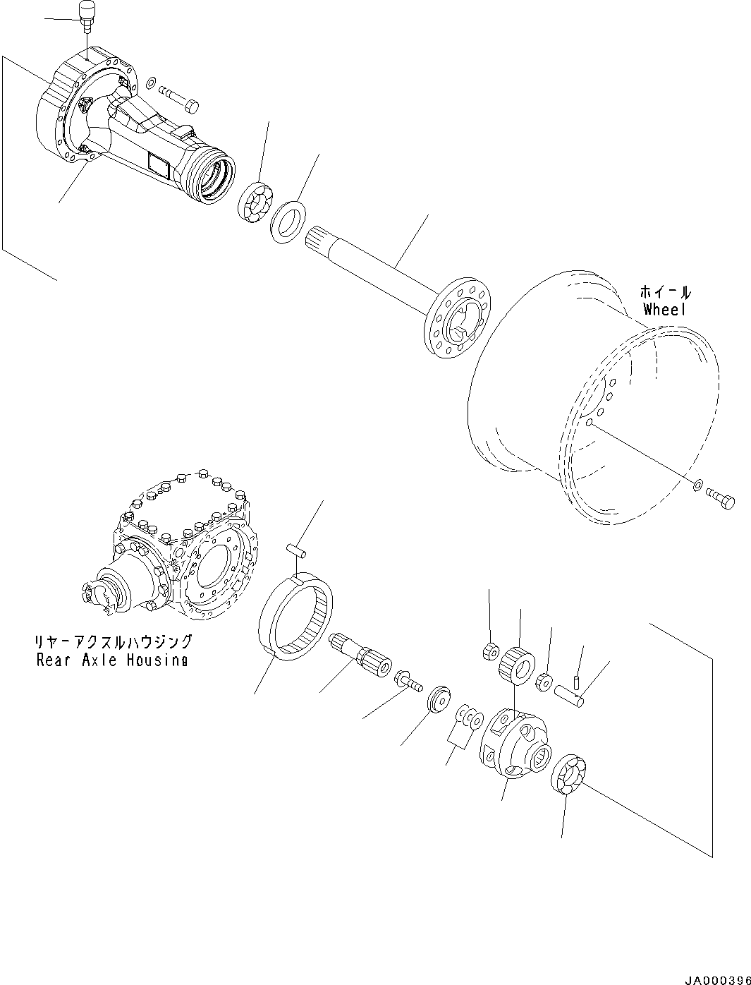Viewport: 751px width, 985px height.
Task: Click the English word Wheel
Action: [x=664, y=309]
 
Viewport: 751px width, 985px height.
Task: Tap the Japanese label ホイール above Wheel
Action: [x=665, y=291]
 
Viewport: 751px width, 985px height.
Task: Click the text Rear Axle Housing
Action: [x=112, y=660]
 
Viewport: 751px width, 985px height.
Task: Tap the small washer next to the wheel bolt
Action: [x=697, y=485]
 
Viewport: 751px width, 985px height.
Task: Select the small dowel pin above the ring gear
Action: [x=297, y=548]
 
